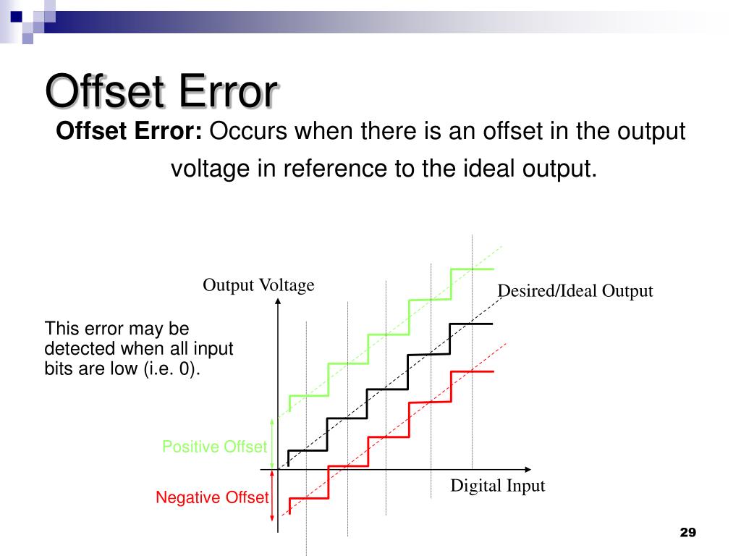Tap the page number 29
click(687, 533)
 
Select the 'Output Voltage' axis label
click(258, 285)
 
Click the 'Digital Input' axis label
click(497, 486)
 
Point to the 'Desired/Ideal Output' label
click(575, 292)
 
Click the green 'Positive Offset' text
click(214, 447)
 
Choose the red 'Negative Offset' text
click(212, 497)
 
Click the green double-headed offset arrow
click(273, 443)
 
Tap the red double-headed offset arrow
click(273, 494)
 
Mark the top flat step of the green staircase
click(472, 269)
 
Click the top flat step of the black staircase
click(472, 324)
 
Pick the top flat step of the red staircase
click(472, 371)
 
